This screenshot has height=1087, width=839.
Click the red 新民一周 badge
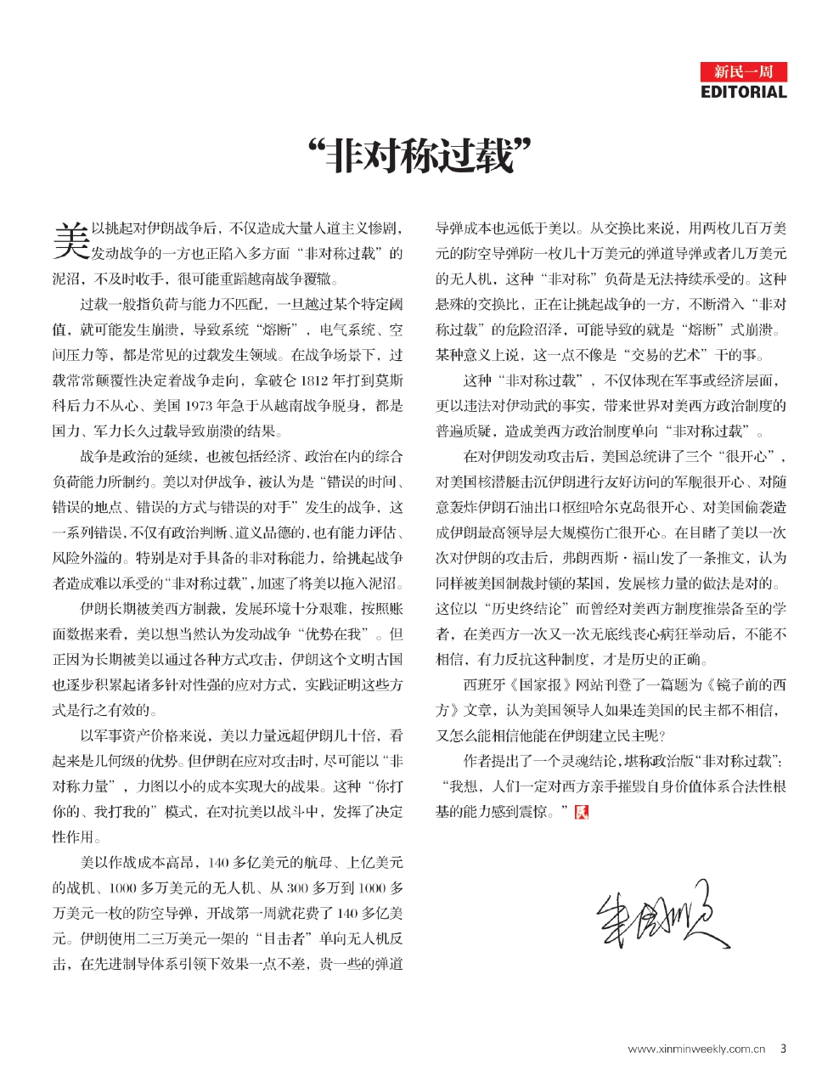[x=744, y=71]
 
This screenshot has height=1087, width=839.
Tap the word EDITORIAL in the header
[x=744, y=92]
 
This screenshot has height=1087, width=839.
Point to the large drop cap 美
[x=70, y=241]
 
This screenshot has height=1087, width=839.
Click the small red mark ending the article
[x=581, y=812]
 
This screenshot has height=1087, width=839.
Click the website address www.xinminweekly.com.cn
[x=696, y=1049]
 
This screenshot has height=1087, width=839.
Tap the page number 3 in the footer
[x=783, y=1049]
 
